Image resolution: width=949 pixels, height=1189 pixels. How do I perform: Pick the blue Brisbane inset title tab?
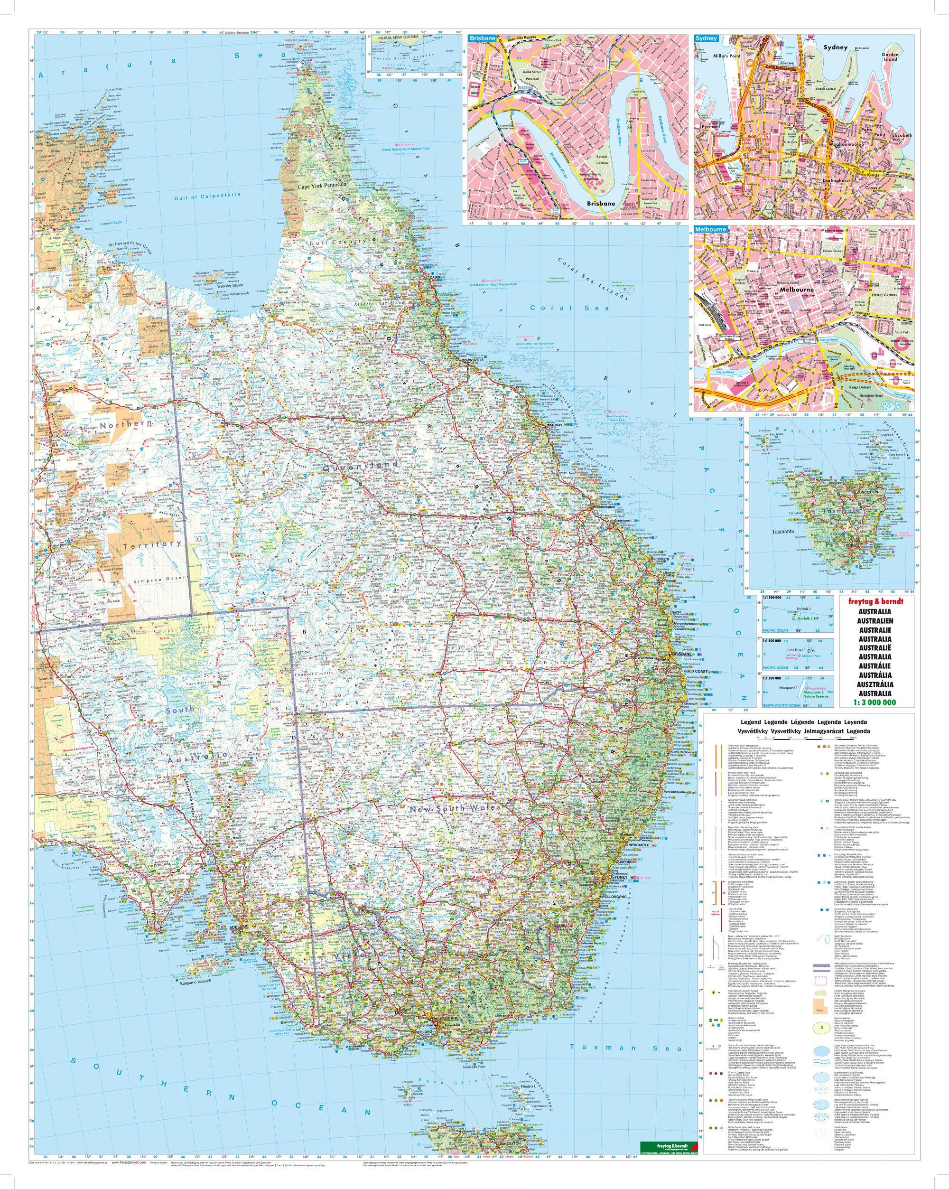click(x=481, y=38)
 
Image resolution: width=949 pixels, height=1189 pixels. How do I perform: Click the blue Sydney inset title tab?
click(x=706, y=38)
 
